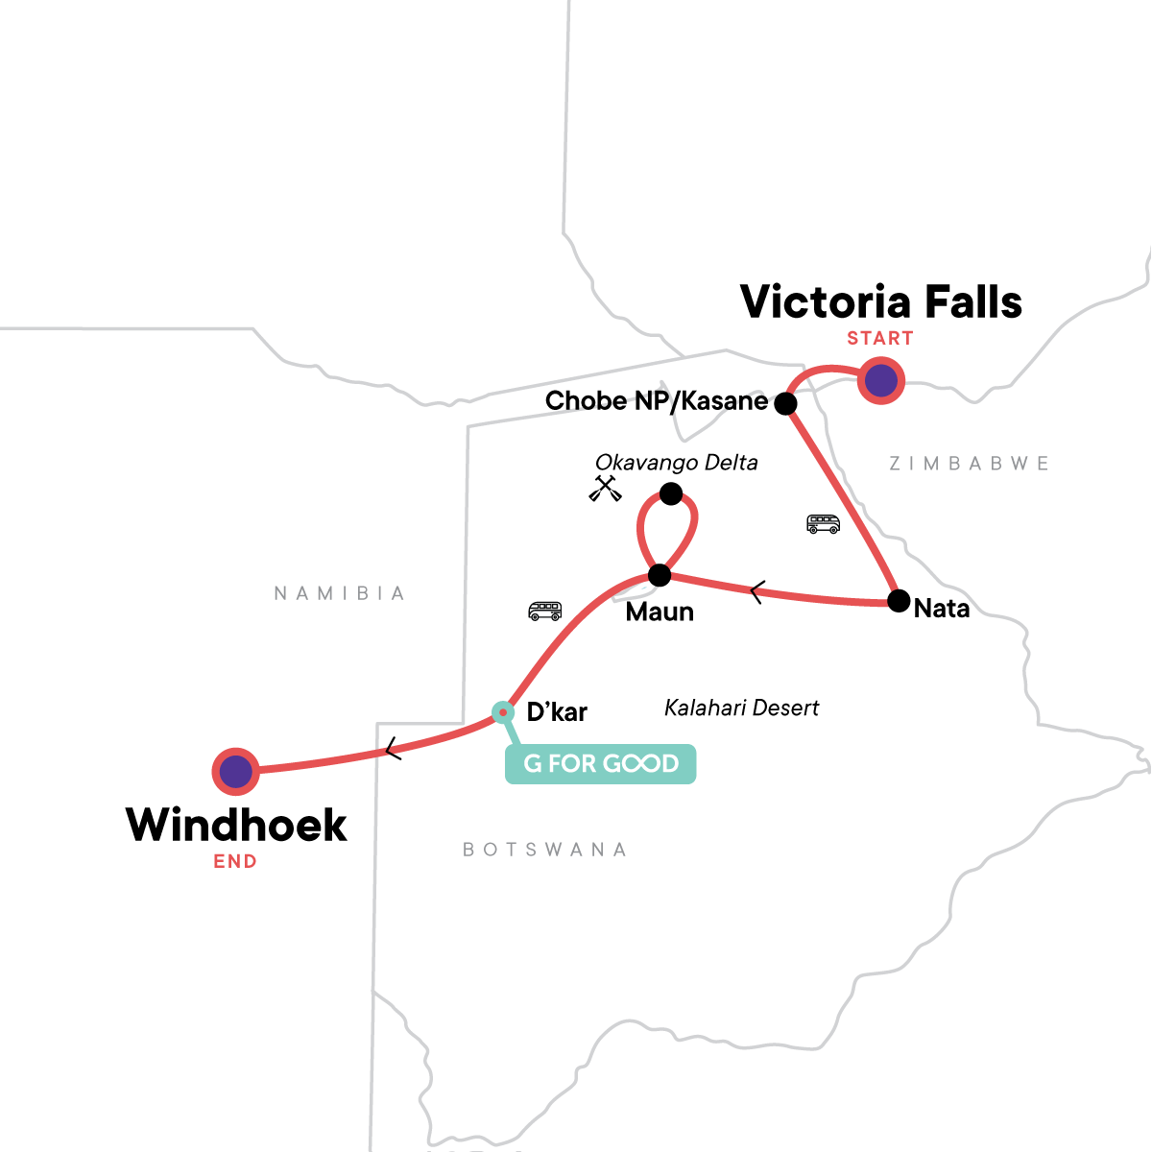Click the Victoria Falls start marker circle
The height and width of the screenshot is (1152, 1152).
tap(881, 381)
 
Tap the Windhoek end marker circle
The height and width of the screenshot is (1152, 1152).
tap(235, 771)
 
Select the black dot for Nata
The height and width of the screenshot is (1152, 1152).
tap(899, 601)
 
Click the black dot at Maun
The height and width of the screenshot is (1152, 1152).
tap(660, 576)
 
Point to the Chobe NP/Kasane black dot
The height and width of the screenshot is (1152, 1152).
tap(786, 403)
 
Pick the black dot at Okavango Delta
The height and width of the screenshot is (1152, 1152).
tap(671, 494)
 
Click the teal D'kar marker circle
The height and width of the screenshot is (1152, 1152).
tap(502, 711)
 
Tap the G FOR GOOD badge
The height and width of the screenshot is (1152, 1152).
tap(601, 764)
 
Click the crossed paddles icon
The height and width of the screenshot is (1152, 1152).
tap(605, 489)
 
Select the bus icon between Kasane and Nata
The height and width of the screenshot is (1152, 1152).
tap(823, 524)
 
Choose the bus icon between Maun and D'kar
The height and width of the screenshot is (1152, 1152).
tap(545, 611)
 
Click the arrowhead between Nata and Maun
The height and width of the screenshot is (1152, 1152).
tap(756, 593)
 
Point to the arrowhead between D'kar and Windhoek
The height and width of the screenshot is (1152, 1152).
tap(392, 750)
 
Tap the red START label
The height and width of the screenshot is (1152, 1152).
tap(879, 338)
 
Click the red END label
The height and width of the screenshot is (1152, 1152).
tap(235, 861)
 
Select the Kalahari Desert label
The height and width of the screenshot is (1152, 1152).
tap(741, 708)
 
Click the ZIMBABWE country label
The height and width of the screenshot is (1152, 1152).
tap(969, 464)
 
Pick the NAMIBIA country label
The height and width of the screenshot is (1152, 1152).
tap(340, 593)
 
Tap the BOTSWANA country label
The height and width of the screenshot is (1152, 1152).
tap(544, 850)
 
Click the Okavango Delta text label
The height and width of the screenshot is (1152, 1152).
tap(676, 463)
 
